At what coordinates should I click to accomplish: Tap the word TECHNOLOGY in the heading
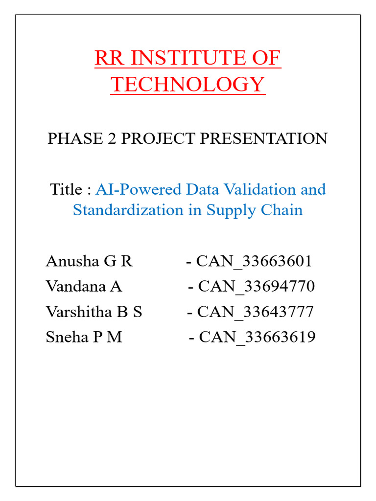188,85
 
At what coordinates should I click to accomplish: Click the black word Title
67,189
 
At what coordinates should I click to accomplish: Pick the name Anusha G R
89,261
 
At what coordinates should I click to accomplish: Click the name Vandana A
84,286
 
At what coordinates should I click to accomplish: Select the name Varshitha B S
94,312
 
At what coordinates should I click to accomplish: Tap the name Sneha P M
84,337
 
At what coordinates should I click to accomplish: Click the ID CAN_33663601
254,261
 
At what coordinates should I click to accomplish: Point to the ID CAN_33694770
256,286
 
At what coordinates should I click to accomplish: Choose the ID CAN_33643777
255,312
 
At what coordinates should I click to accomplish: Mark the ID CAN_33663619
257,337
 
